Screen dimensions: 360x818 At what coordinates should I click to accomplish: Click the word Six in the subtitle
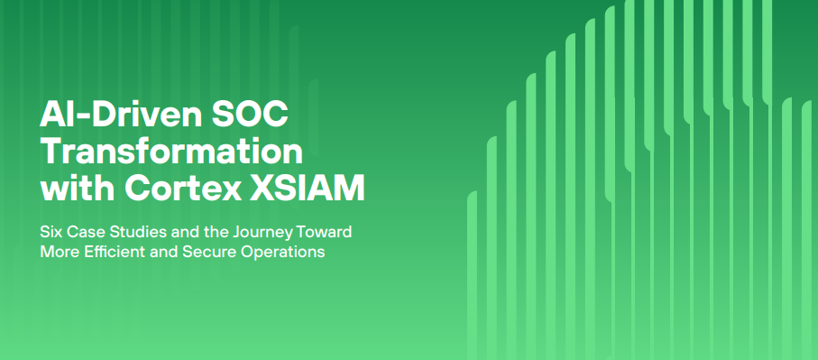pos(51,232)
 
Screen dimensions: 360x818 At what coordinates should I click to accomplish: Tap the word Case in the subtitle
pos(84,232)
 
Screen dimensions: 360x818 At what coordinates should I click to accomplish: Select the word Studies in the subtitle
pos(133,232)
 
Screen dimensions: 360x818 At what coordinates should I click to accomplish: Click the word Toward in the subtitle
pos(325,232)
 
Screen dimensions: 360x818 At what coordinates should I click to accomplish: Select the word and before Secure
pos(163,253)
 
